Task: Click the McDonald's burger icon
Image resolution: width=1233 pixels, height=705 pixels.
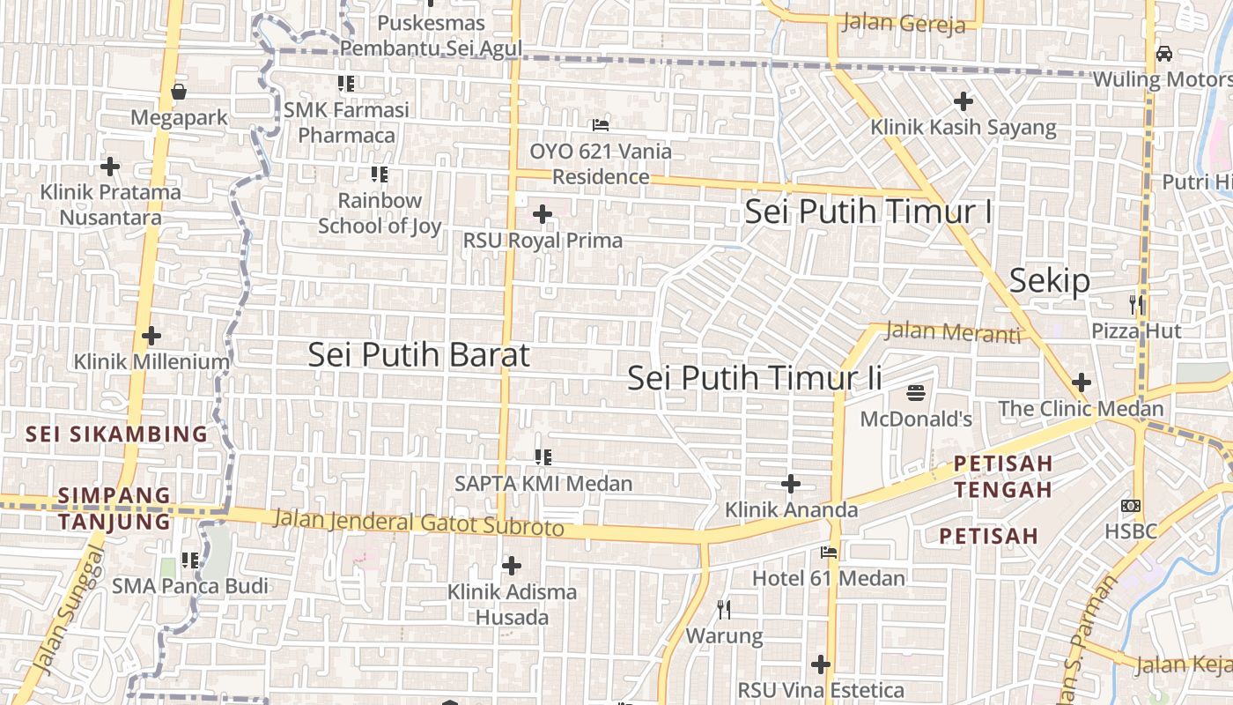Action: tap(916, 392)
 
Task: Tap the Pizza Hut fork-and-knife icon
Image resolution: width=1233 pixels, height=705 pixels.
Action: tap(1137, 305)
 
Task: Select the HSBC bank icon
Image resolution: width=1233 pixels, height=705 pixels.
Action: tap(1131, 506)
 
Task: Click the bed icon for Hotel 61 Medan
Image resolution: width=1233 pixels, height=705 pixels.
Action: tap(829, 553)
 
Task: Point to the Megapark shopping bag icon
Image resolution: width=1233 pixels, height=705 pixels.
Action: tap(179, 92)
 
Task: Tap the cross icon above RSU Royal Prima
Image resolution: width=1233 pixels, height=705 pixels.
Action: tap(543, 214)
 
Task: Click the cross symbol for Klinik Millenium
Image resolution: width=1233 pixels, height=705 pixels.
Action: tap(151, 336)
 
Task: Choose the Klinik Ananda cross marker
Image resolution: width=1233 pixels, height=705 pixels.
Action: tap(791, 484)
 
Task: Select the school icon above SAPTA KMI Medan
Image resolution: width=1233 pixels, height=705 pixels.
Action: tap(543, 457)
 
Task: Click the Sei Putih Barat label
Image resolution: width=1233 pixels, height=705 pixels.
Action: tap(419, 354)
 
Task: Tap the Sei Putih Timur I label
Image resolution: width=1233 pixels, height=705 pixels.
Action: tap(868, 211)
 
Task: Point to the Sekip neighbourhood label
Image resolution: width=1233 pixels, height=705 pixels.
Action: tap(1049, 280)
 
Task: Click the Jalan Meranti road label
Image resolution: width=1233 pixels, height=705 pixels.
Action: tap(952, 332)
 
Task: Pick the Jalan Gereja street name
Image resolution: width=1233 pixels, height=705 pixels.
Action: tap(904, 23)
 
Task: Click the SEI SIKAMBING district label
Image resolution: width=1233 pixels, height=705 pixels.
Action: tap(116, 434)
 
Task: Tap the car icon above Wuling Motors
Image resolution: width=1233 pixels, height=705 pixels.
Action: tap(1164, 54)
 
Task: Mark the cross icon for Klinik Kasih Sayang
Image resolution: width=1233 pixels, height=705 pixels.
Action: tap(964, 101)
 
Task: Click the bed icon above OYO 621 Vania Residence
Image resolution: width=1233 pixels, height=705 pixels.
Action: tap(601, 125)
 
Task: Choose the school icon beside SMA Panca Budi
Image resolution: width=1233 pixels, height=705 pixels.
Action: tap(189, 560)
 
